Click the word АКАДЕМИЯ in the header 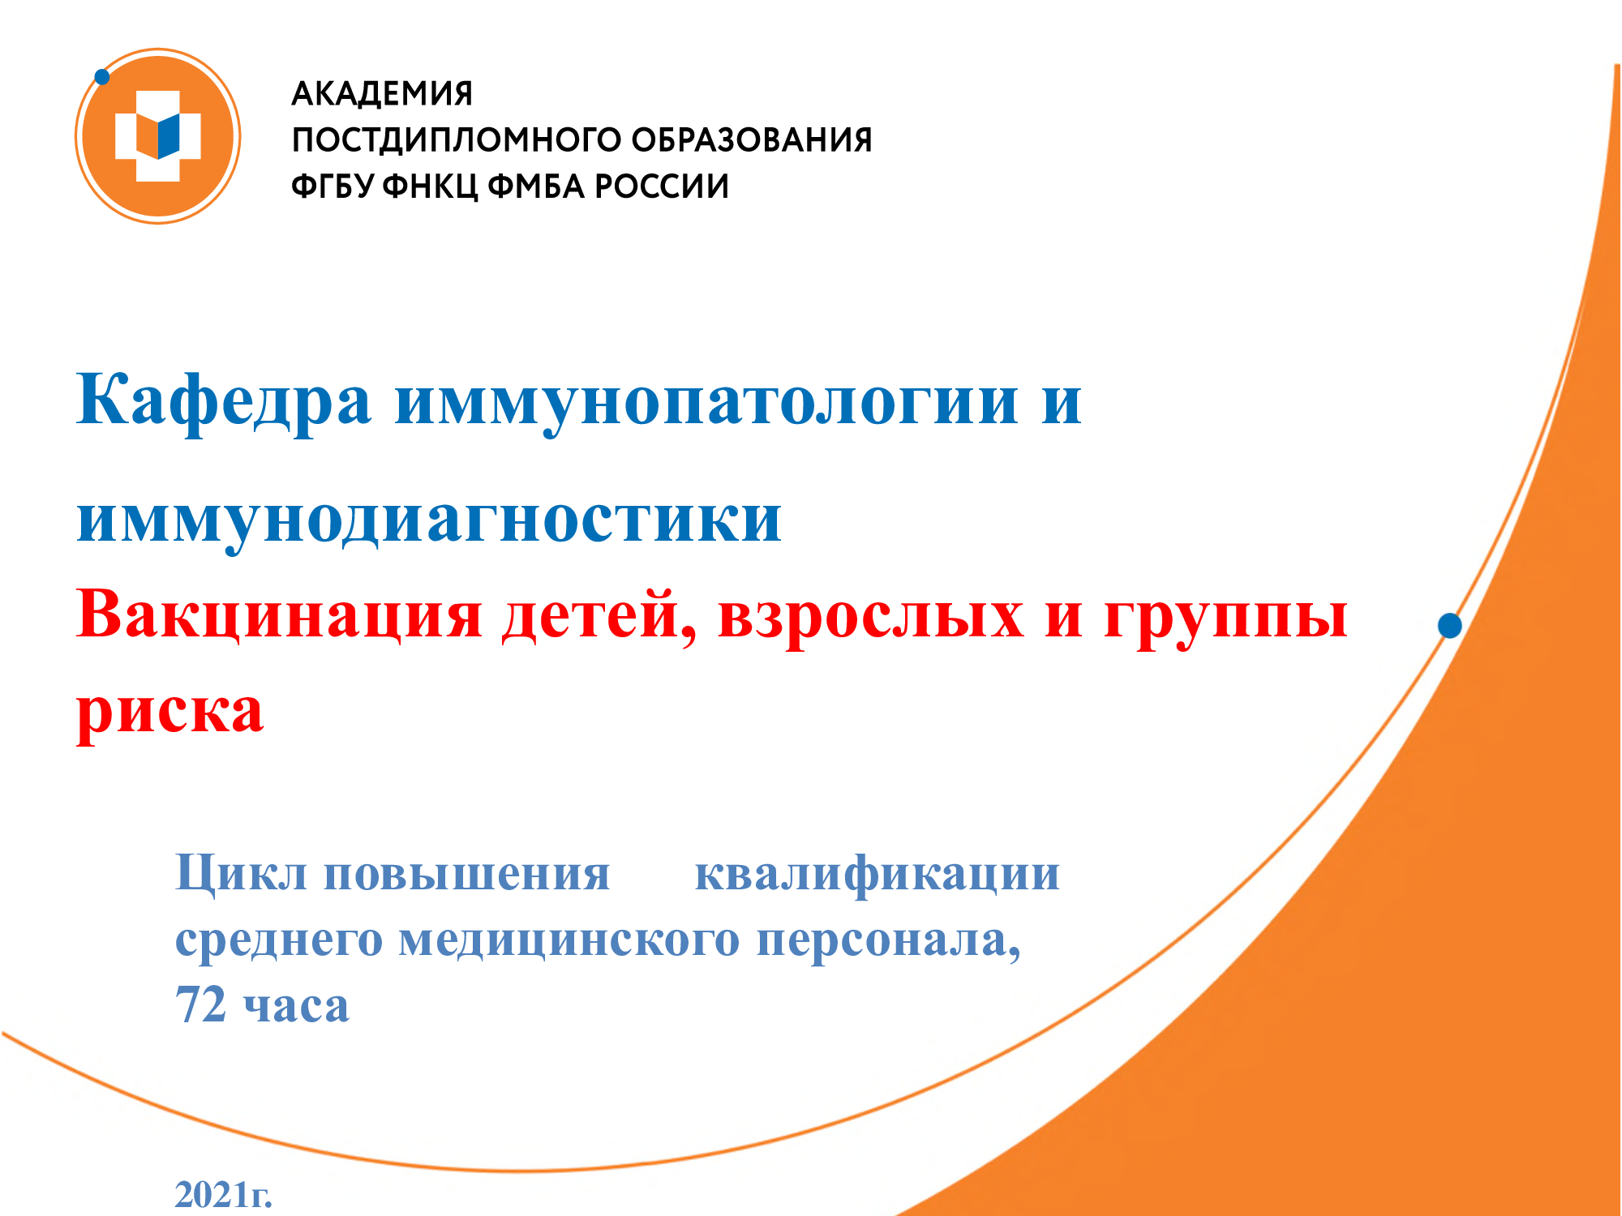pos(382,94)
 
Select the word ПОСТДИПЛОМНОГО pos(456,140)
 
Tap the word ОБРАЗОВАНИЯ pos(752,139)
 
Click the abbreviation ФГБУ pos(333,186)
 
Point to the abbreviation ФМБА pos(537,186)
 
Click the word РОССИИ pos(663,186)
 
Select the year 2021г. pos(224,1195)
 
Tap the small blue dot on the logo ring pos(102,77)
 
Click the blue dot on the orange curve pos(1450,626)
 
